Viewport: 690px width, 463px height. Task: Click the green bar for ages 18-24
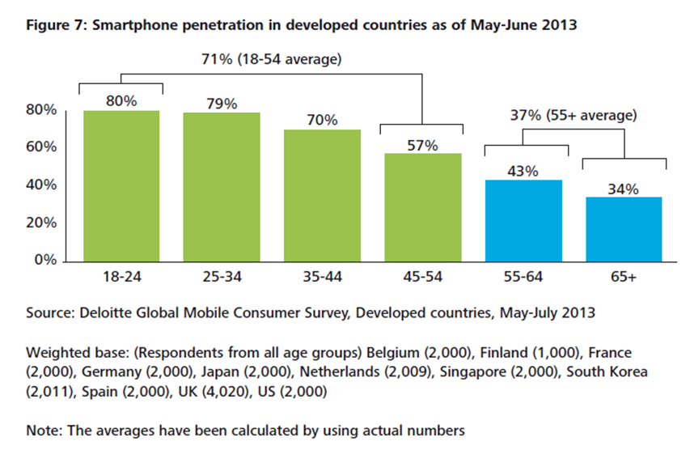point(121,185)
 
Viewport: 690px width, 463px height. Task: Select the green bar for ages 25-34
point(221,186)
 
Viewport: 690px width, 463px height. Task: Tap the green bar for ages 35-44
point(321,194)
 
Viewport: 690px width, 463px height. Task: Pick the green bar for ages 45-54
point(421,206)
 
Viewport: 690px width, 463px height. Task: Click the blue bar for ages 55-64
point(522,219)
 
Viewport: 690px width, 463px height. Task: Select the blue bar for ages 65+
point(623,228)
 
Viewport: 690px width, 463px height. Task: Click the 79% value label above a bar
point(221,104)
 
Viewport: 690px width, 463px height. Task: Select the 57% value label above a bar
point(421,146)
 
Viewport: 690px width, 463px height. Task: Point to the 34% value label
point(623,189)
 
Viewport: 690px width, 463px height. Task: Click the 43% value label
point(522,172)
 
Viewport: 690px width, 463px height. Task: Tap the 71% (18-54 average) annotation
point(271,59)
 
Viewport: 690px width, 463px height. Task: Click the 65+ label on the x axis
point(623,278)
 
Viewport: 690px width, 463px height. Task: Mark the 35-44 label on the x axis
point(321,278)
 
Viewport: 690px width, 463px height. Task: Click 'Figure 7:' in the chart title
point(57,25)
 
